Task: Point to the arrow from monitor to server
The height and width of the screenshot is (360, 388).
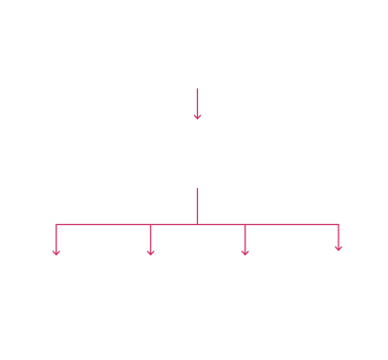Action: [197, 101]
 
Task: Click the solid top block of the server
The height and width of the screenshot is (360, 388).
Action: [197, 136]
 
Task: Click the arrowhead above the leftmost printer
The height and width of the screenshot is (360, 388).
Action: [57, 249]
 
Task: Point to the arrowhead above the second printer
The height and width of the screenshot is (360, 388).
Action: [150, 249]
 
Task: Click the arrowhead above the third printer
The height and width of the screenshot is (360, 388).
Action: [244, 249]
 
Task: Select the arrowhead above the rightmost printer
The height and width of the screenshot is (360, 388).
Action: [338, 247]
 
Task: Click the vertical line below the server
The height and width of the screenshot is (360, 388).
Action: [197, 204]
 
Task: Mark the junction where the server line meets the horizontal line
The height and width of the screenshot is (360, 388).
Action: [197, 225]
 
